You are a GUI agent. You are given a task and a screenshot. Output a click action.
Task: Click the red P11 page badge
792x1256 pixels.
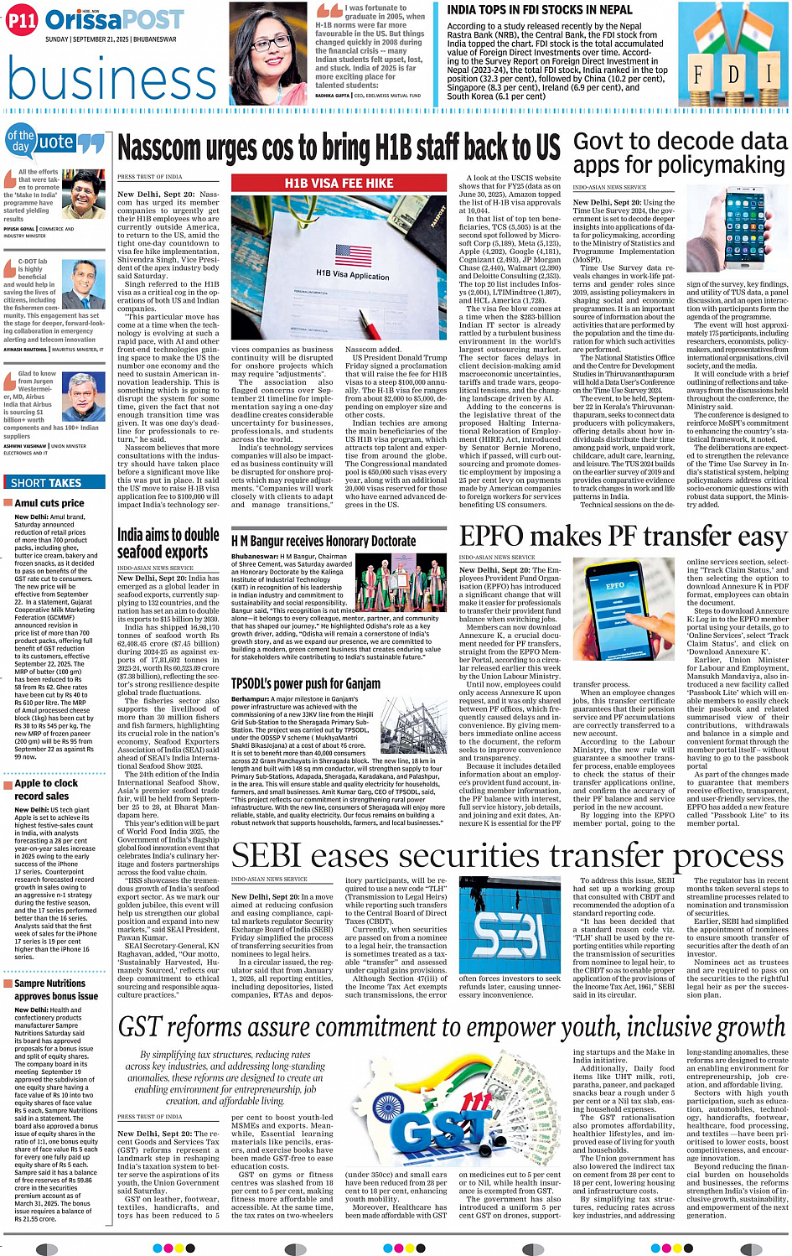coord(22,19)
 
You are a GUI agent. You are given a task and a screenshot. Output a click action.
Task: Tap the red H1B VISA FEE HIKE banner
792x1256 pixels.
coord(339,183)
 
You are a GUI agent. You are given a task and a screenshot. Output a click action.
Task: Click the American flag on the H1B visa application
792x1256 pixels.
coord(353,254)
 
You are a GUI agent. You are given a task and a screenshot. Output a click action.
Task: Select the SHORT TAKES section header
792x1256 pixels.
coord(46,482)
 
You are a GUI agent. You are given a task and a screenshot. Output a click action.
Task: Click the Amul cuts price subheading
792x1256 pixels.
coord(49,503)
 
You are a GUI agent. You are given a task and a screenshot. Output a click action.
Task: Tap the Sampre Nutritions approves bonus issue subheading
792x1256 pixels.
coord(55,989)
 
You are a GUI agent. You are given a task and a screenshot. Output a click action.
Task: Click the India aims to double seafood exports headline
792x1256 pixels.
coord(168,543)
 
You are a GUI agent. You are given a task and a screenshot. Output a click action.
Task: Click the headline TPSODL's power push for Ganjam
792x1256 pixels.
coord(306,683)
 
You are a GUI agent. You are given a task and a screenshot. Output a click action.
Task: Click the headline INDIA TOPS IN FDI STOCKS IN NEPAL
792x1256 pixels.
coord(540,10)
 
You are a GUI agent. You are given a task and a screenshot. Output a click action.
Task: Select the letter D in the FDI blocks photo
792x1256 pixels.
coord(733,75)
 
